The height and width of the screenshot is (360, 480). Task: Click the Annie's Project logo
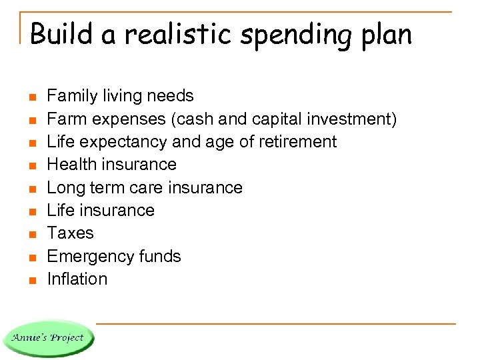coord(48,338)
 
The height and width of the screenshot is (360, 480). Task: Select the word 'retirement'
coord(296,141)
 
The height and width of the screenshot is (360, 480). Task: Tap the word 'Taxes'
coord(71,233)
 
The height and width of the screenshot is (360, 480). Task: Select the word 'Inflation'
coord(77,279)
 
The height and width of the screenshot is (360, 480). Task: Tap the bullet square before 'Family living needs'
coord(31,97)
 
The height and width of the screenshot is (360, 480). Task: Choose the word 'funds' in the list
coord(161,256)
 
